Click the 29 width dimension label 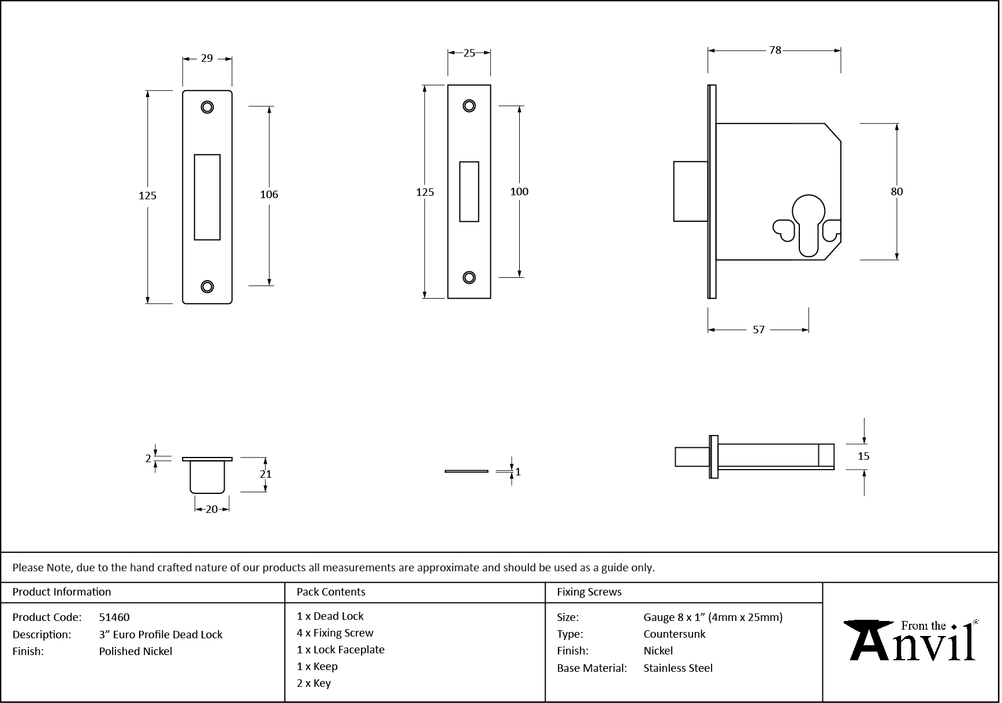[x=207, y=58]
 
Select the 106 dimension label [x=269, y=195]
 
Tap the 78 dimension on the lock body [x=775, y=50]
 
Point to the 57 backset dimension [x=759, y=330]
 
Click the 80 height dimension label [x=896, y=191]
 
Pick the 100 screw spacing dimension [x=519, y=191]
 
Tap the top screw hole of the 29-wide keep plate [x=207, y=107]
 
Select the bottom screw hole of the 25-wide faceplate [x=469, y=278]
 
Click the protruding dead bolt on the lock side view [x=690, y=191]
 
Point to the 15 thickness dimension [x=863, y=456]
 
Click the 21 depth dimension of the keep [x=266, y=474]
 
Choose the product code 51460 [x=114, y=617]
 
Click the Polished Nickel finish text [x=136, y=651]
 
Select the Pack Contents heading [x=331, y=592]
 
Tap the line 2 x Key [x=314, y=683]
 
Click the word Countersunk [x=675, y=634]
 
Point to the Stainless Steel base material [x=678, y=668]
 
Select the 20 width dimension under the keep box [x=212, y=509]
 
